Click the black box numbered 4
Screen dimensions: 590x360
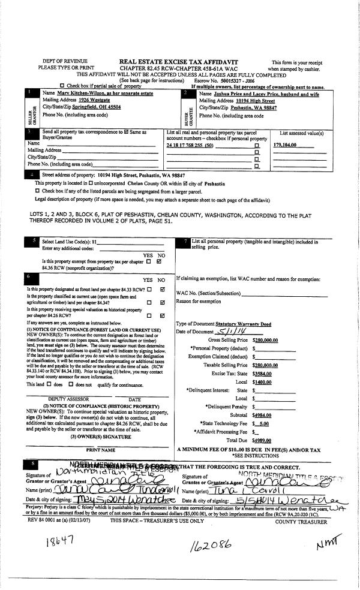pos(32,174)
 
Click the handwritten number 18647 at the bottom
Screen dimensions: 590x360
pos(61,541)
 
